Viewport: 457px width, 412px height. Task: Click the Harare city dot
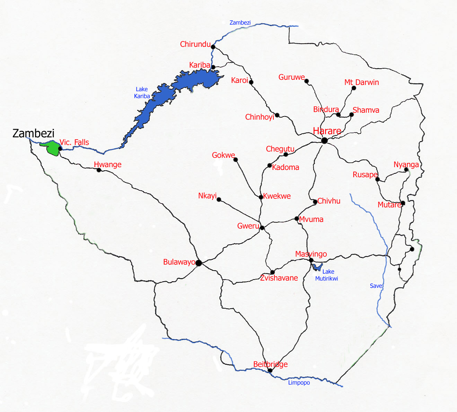point(324,140)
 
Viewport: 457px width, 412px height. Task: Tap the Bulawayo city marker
point(199,263)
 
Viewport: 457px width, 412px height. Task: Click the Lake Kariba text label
point(142,93)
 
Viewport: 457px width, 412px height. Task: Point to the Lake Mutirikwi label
point(327,275)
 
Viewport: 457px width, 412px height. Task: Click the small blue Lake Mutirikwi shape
point(317,267)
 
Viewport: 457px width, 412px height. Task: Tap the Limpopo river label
point(299,383)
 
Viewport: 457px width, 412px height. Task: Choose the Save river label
point(376,286)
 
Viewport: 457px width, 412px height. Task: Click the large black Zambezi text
point(33,134)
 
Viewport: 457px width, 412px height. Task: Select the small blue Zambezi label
point(240,23)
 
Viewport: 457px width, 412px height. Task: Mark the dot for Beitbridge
point(270,370)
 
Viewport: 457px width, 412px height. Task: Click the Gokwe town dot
point(236,160)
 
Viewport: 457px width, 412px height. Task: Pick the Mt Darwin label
point(361,82)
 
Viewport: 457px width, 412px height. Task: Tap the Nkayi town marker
point(219,200)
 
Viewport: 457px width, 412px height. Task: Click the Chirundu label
point(195,44)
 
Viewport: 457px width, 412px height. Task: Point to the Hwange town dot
point(99,170)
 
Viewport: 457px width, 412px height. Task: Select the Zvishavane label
point(279,278)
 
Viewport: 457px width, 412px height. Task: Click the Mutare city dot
point(403,203)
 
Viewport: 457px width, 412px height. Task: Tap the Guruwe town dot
point(307,81)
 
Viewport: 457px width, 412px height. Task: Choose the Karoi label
point(239,80)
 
